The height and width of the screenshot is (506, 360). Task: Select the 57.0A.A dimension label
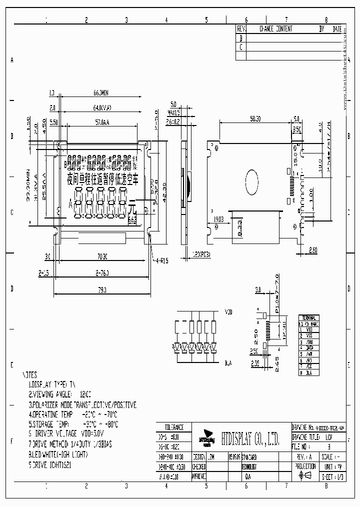click(101, 122)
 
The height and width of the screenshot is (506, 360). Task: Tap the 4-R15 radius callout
click(161, 260)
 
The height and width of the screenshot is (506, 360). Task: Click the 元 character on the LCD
click(132, 207)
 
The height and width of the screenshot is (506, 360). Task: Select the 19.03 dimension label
click(218, 218)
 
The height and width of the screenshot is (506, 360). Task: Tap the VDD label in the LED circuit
click(228, 312)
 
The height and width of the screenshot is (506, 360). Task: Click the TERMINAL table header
click(308, 318)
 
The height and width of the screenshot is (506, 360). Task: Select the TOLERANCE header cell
click(173, 427)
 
